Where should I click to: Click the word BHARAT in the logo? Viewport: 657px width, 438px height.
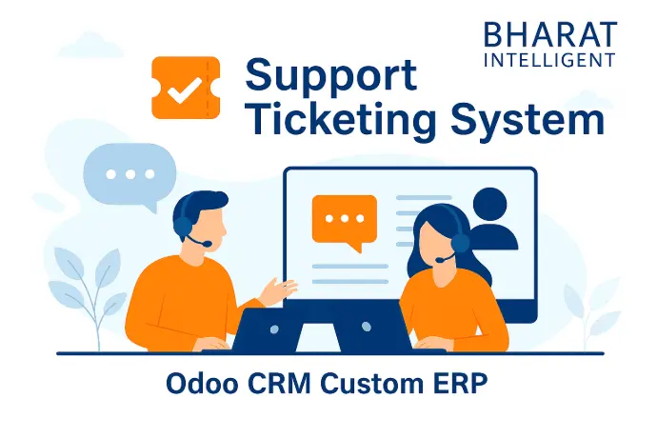(550, 34)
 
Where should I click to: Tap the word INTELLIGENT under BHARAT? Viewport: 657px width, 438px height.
(549, 60)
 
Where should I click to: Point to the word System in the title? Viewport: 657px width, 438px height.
(528, 118)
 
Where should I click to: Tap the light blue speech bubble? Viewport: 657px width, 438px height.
(129, 176)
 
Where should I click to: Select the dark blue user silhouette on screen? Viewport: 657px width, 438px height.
(494, 222)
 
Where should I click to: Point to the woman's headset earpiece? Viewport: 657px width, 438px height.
(460, 242)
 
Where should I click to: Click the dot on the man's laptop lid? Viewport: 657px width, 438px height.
(274, 329)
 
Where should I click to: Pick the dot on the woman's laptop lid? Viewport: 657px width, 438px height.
(366, 327)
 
